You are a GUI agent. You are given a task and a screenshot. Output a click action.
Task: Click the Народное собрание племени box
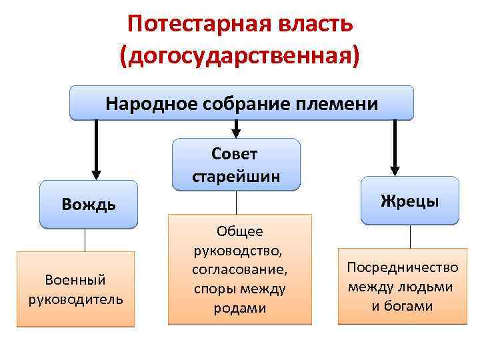pos(241,103)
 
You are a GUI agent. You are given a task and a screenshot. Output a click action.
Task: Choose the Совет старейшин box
pos(235,165)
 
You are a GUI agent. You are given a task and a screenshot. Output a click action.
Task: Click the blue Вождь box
pos(89,203)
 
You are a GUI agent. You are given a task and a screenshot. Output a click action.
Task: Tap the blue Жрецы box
pos(409,200)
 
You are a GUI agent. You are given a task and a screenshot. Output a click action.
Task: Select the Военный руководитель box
pos(75,289)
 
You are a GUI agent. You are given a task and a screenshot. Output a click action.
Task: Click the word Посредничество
pos(402,267)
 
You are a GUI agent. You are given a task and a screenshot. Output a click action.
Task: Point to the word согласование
pos(239,270)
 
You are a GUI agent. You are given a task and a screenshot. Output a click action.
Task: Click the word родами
pos(239,308)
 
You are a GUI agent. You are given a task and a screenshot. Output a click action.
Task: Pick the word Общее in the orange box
pos(239,231)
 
